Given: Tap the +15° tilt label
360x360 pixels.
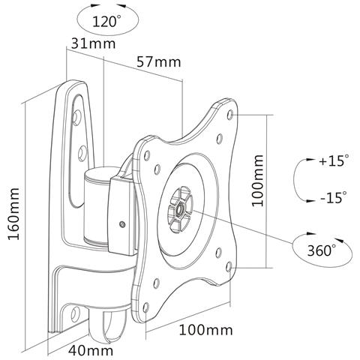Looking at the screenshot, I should point(331,161).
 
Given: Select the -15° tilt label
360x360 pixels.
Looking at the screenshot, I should point(331,198).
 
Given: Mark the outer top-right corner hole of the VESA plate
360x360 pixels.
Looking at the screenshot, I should point(229,115).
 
